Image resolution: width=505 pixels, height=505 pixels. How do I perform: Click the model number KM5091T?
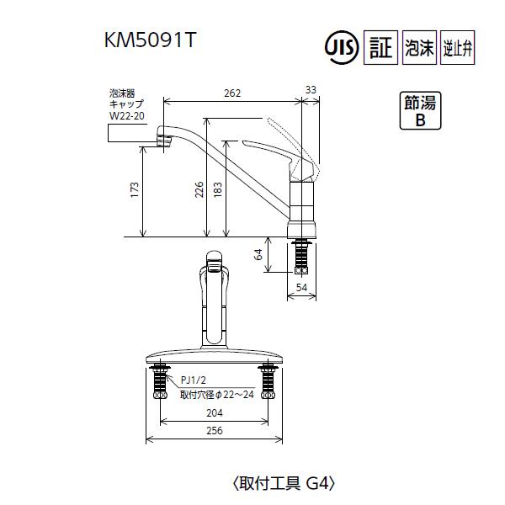tap(149, 40)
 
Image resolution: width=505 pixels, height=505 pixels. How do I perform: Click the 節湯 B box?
tap(419, 110)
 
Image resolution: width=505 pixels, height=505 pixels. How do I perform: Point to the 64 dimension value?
tap(260, 253)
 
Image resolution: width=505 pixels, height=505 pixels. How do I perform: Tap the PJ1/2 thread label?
tap(194, 379)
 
